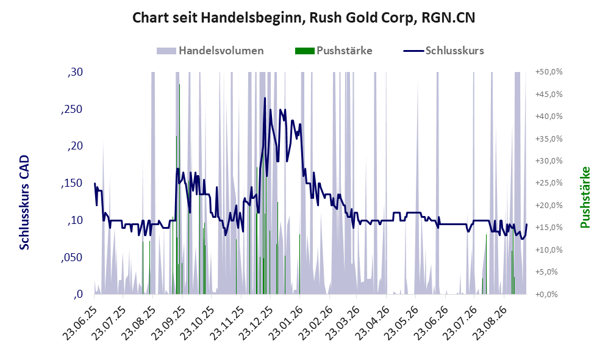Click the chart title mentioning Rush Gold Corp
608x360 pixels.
pyautogui.click(x=304, y=18)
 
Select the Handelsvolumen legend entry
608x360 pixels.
pyautogui.click(x=210, y=51)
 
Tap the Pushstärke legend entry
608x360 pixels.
pyautogui.click(x=334, y=51)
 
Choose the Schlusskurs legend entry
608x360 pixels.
pyautogui.click(x=443, y=51)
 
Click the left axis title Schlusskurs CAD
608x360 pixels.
pyautogui.click(x=24, y=203)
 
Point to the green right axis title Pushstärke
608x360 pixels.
pyautogui.click(x=585, y=198)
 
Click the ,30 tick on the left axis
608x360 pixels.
pyautogui.click(x=75, y=72)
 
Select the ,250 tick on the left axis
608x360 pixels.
pyautogui.click(x=72, y=109)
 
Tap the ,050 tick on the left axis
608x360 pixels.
pyautogui.click(x=72, y=257)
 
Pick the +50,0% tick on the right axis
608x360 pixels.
pyautogui.click(x=549, y=72)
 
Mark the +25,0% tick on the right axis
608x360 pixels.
pyautogui.click(x=549, y=183)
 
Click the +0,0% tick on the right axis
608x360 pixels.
pyautogui.click(x=546, y=295)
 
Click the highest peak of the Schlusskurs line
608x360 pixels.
pyautogui.click(x=265, y=98)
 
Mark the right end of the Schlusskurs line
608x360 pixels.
pyautogui.click(x=526, y=224)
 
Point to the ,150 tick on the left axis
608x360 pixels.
pyautogui.click(x=72, y=184)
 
